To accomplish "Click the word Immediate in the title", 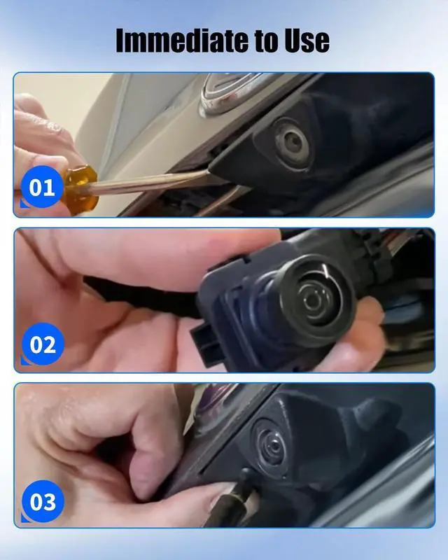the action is pyautogui.click(x=182, y=40).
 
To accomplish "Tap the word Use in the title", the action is pyautogui.click(x=307, y=40).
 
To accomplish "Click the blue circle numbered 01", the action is pyautogui.click(x=42, y=186).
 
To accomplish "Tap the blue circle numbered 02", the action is pyautogui.click(x=43, y=344).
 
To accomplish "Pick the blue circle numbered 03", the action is pyautogui.click(x=43, y=501).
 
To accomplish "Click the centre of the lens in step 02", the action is pyautogui.click(x=314, y=300).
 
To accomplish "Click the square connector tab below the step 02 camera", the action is pyautogui.click(x=206, y=344).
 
